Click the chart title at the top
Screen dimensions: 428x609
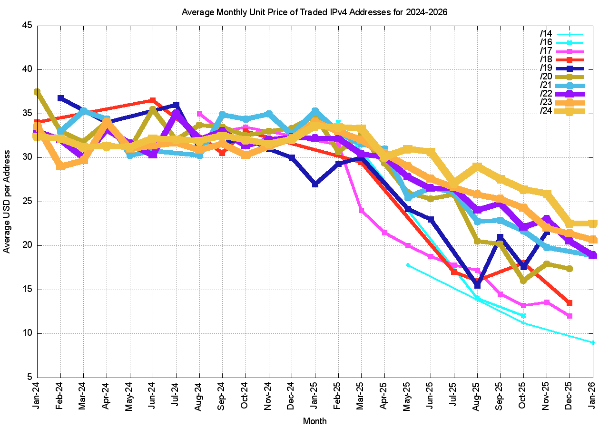(x=314, y=12)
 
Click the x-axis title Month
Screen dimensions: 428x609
(x=314, y=421)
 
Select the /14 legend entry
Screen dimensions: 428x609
(x=546, y=34)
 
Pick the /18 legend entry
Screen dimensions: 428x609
(x=546, y=59)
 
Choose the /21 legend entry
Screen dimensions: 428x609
(x=546, y=85)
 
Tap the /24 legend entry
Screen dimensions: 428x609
(x=546, y=111)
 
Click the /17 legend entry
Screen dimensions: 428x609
(x=546, y=51)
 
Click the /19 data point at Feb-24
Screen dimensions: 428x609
(x=60, y=98)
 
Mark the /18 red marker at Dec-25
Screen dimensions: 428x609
(x=570, y=302)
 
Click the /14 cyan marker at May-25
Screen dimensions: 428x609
(x=408, y=265)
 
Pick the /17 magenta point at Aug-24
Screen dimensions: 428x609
(x=199, y=114)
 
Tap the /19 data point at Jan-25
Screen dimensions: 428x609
(x=315, y=184)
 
